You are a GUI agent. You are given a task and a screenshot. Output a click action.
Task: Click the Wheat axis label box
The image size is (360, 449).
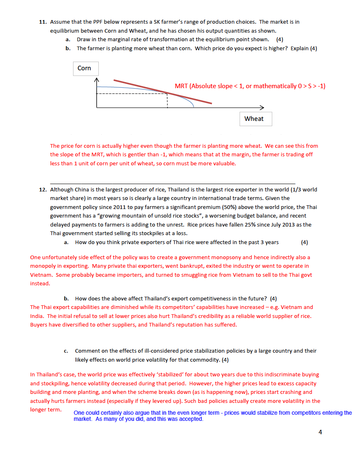254,119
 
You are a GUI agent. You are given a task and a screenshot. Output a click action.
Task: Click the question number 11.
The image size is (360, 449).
42,22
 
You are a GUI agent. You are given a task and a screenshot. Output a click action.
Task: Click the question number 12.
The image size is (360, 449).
42,189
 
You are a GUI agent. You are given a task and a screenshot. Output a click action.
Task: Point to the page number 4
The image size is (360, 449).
320,432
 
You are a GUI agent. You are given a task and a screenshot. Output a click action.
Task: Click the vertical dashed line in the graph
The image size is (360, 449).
167,100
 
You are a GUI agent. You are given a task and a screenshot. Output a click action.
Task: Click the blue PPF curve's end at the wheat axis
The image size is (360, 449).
193,107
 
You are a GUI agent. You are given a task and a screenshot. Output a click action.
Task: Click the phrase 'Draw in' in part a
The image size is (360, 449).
87,40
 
